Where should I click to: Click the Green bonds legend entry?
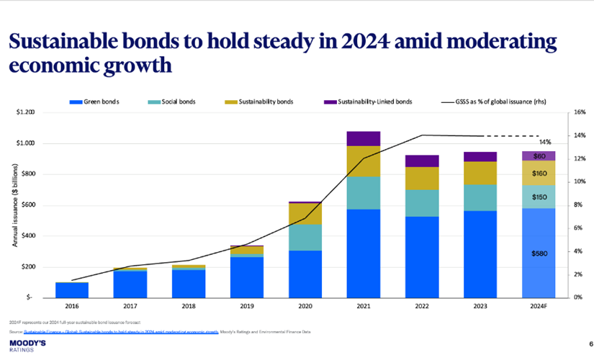click(x=94, y=102)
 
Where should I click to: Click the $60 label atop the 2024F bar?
click(x=539, y=156)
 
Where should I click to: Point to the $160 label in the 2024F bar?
click(x=539, y=173)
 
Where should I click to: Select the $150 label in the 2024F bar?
click(x=539, y=197)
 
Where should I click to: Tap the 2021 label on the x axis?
click(x=363, y=306)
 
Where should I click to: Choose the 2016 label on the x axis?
click(x=72, y=306)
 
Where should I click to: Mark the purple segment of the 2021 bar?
click(x=363, y=139)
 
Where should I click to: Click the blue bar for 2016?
click(x=72, y=289)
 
